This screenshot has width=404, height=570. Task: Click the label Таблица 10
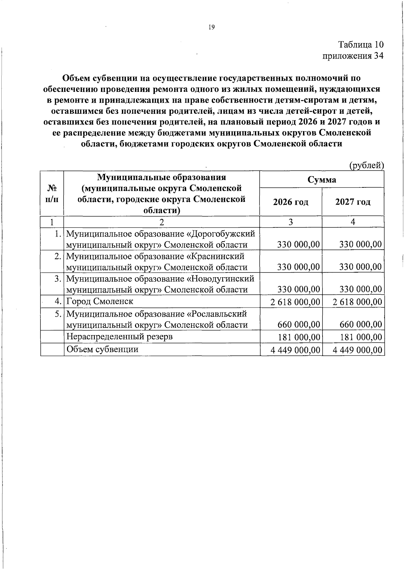361,45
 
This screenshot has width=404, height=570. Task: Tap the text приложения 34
353,56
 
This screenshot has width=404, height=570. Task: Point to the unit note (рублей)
366,165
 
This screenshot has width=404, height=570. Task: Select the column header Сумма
322,180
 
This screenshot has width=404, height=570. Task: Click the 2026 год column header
291,202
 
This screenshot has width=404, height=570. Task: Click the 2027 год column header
353,202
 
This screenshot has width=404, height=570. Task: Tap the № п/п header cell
52,193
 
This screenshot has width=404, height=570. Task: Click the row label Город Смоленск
100,301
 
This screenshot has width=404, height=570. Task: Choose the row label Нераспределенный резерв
120,336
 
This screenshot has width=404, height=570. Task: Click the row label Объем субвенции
102,349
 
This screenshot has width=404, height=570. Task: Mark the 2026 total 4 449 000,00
295,350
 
